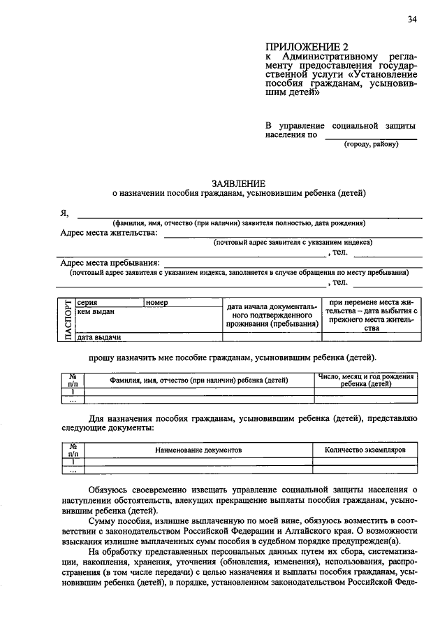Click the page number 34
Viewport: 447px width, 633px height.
coord(412,20)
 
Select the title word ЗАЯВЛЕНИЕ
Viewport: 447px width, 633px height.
coord(237,180)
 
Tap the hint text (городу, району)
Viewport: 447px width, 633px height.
coord(370,145)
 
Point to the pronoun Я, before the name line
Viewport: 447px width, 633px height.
coord(64,215)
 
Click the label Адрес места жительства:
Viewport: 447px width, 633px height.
coord(109,233)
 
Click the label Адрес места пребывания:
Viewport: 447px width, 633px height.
coord(110,263)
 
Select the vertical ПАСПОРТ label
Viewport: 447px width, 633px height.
coord(68,319)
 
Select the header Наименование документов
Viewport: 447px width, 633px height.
coord(198,450)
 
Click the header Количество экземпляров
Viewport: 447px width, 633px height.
coord(365,450)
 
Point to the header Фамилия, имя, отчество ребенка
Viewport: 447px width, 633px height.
coord(198,381)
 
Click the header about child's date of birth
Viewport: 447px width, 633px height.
coord(365,380)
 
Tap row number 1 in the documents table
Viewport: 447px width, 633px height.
coord(73,462)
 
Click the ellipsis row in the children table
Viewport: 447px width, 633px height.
coord(73,401)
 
